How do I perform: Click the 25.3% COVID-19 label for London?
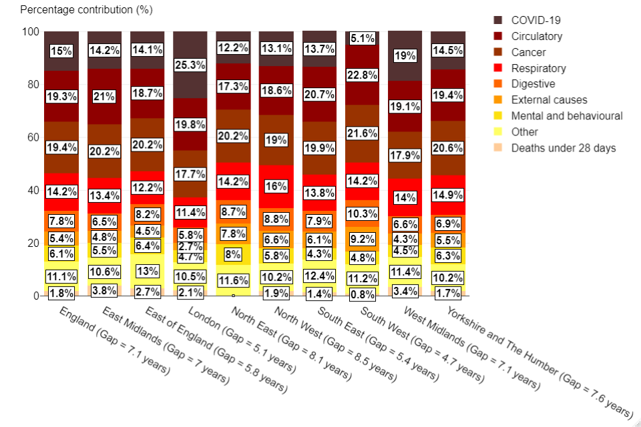(190, 65)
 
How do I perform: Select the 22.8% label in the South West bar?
(362, 76)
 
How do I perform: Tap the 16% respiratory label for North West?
(276, 187)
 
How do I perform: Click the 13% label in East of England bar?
(148, 271)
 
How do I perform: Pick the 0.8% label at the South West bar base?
(362, 294)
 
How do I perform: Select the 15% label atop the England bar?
(62, 51)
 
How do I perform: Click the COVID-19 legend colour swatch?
(497, 21)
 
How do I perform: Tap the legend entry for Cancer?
(528, 52)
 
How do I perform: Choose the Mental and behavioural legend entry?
(566, 115)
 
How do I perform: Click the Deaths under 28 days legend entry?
(563, 147)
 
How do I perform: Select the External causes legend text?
(549, 99)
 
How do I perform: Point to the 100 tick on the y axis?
(31, 31)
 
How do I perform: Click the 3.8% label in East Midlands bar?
(105, 290)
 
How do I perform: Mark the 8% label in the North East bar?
(233, 254)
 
